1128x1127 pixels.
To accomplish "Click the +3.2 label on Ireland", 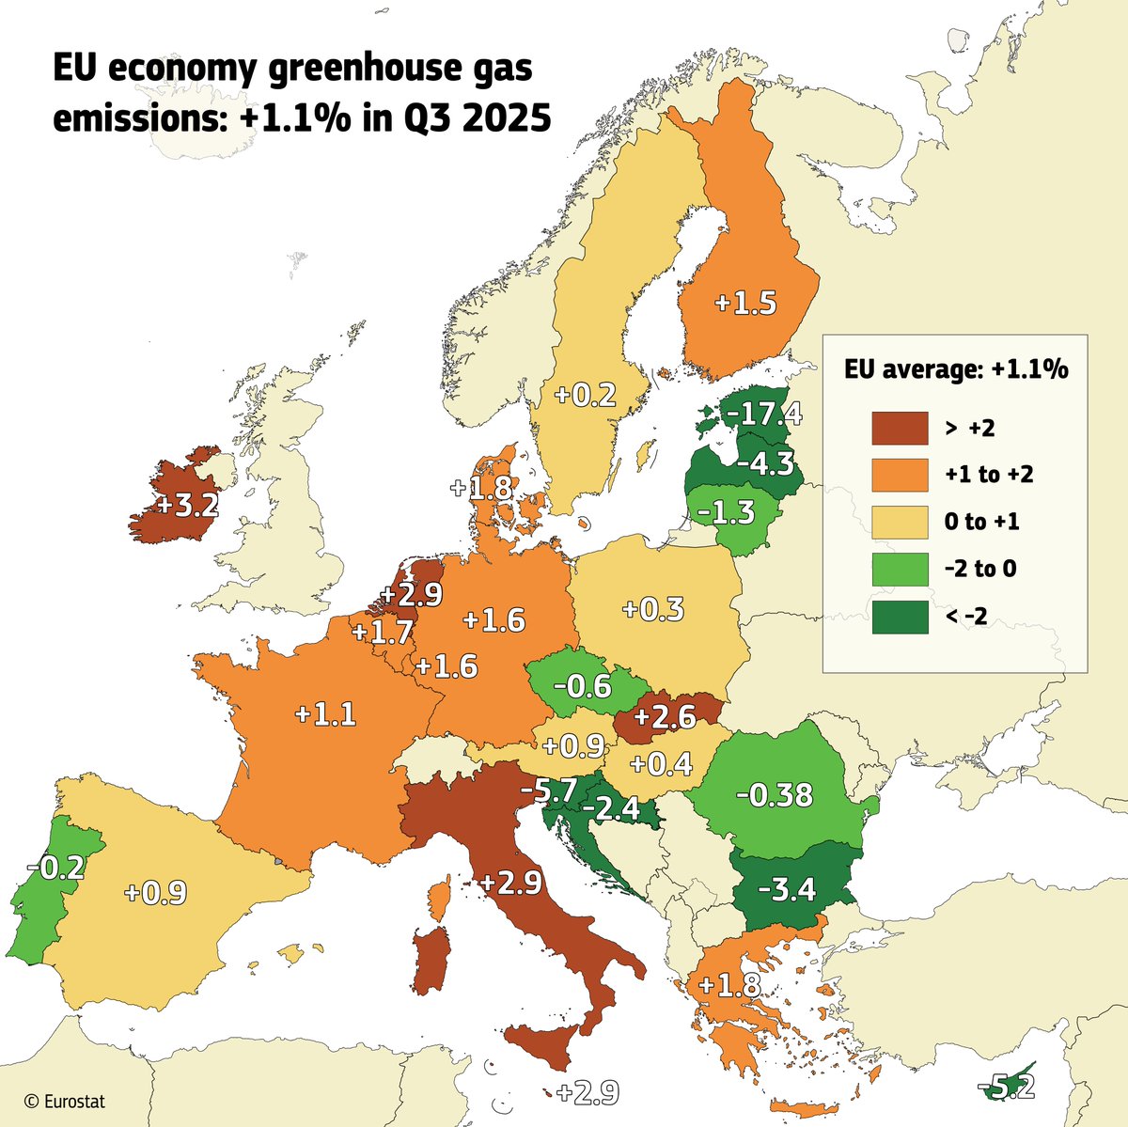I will [187, 505].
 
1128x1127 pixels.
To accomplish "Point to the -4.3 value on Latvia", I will [765, 462].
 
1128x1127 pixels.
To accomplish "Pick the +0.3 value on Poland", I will [653, 609].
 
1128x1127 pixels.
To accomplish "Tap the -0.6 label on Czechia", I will [582, 686].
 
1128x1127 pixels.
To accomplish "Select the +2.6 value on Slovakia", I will [665, 717].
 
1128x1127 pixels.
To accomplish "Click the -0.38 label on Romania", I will [774, 795].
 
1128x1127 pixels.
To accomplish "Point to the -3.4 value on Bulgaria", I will [786, 888].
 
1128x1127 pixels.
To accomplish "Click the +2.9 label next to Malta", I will [587, 1093].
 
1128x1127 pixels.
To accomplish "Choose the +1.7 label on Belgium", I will [383, 631].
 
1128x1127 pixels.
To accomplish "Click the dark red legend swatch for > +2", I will [900, 428].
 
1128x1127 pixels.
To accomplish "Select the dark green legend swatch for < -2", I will [900, 617].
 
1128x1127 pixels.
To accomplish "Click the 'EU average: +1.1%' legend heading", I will [954, 369].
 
